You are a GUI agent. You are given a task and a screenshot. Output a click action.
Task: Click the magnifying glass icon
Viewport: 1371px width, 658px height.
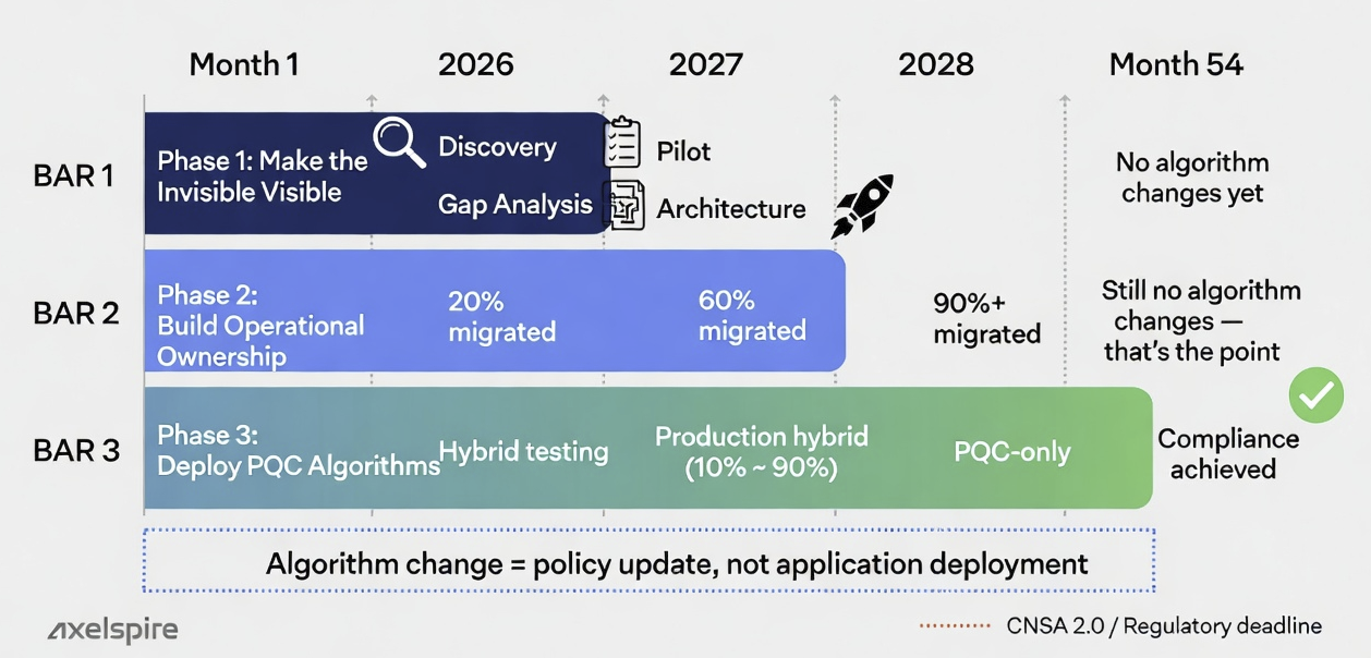click(x=398, y=141)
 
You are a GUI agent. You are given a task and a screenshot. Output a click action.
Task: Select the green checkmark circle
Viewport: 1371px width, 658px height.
click(x=1316, y=395)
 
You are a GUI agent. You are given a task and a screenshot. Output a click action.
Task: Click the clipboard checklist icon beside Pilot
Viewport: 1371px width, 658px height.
click(x=622, y=142)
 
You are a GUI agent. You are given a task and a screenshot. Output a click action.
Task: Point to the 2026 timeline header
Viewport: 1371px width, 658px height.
click(x=476, y=64)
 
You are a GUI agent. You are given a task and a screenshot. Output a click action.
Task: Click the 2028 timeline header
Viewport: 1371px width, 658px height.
click(x=936, y=64)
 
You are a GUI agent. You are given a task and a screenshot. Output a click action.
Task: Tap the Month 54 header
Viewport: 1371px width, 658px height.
click(x=1176, y=64)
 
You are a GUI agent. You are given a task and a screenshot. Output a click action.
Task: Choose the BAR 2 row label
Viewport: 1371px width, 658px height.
click(x=76, y=313)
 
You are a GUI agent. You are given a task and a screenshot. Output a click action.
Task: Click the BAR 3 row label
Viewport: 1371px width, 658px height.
click(x=76, y=450)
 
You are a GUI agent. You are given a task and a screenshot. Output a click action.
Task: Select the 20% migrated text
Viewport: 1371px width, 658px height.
click(x=502, y=316)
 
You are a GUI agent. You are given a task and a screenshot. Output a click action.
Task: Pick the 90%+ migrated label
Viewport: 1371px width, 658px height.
click(x=986, y=319)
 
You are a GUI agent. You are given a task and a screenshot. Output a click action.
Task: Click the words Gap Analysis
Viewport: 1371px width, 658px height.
click(x=515, y=205)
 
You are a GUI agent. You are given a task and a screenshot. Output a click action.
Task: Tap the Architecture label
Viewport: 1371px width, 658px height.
click(x=731, y=209)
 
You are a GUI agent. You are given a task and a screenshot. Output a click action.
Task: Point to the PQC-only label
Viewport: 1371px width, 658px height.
click(x=1012, y=452)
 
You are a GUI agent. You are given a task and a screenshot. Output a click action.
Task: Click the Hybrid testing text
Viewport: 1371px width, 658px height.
click(x=523, y=452)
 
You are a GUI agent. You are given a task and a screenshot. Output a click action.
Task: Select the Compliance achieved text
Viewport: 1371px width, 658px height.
click(x=1228, y=454)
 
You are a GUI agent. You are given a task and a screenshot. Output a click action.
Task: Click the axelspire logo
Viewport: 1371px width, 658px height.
click(x=113, y=630)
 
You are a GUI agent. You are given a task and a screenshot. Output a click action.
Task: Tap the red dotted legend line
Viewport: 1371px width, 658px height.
click(x=955, y=626)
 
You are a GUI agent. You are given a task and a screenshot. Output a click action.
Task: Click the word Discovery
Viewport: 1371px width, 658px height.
click(x=498, y=147)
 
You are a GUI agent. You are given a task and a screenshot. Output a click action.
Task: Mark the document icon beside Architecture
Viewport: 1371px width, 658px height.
click(x=624, y=206)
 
